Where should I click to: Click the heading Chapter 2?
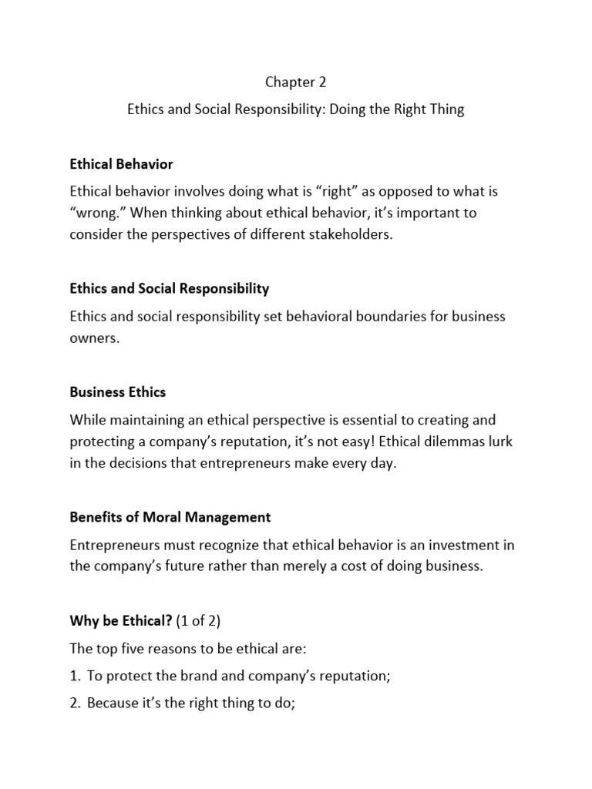(296, 82)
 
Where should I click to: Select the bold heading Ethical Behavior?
(121, 164)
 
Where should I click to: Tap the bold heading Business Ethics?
(117, 392)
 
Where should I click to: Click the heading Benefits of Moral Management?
(170, 517)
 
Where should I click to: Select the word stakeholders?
(352, 234)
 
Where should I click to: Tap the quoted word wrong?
(94, 212)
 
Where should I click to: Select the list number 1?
(74, 676)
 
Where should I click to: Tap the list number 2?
(74, 703)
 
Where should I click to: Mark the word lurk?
(499, 442)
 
